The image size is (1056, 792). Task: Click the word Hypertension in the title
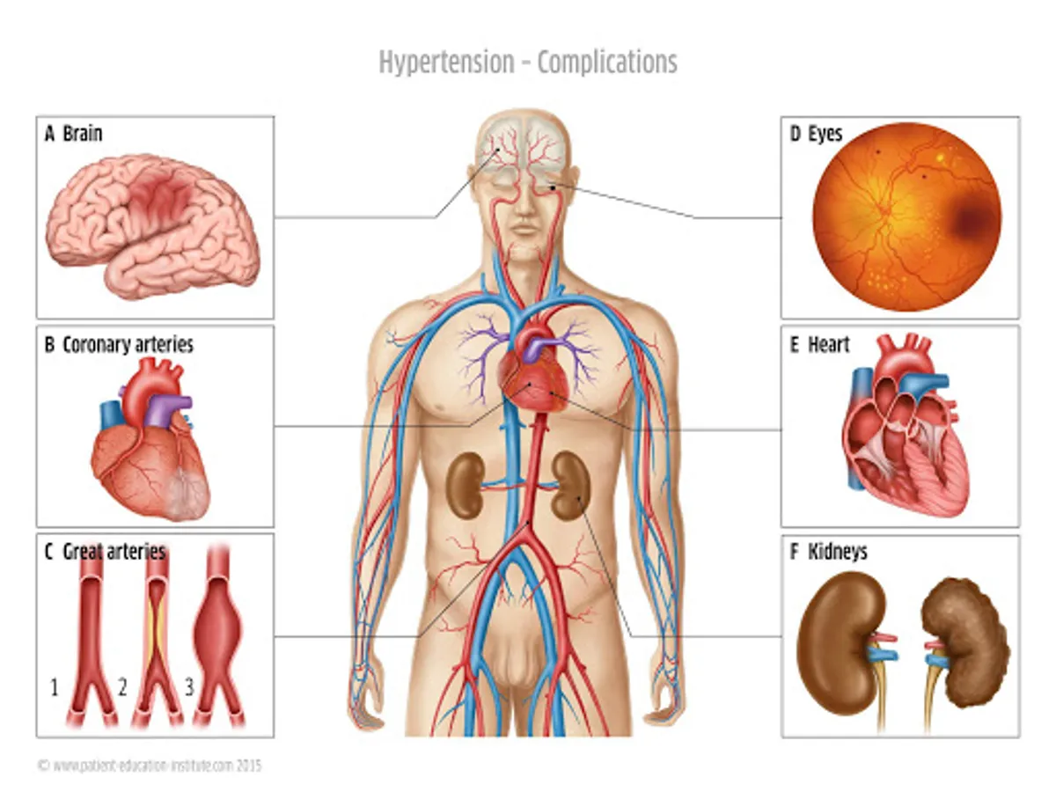tap(446, 63)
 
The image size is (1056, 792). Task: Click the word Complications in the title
tap(607, 63)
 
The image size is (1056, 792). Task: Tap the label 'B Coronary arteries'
tap(119, 344)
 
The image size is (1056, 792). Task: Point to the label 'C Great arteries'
tap(105, 552)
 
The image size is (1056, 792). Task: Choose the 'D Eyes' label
tap(816, 135)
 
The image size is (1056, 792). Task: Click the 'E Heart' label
tap(820, 344)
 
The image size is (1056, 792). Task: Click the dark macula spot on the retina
tap(971, 220)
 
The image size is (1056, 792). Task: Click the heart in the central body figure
tap(531, 378)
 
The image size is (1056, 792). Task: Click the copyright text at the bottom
tap(150, 765)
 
